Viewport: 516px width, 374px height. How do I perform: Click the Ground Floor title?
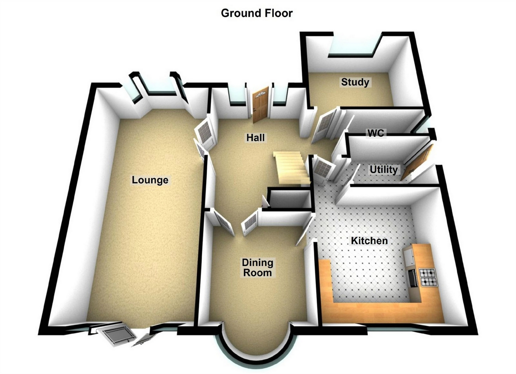pos(256,13)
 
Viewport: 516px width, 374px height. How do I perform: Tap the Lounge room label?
pos(150,180)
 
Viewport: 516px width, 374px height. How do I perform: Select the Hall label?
pos(255,137)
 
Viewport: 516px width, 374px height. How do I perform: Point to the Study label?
pos(355,82)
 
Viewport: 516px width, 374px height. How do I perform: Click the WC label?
pos(376,133)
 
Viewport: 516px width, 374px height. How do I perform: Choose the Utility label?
pos(383,169)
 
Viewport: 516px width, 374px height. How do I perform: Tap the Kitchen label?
pos(369,241)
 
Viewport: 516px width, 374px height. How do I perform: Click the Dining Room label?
pos(258,268)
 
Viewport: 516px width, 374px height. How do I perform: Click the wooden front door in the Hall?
pos(261,103)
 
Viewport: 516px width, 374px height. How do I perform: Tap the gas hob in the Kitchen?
pos(427,277)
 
